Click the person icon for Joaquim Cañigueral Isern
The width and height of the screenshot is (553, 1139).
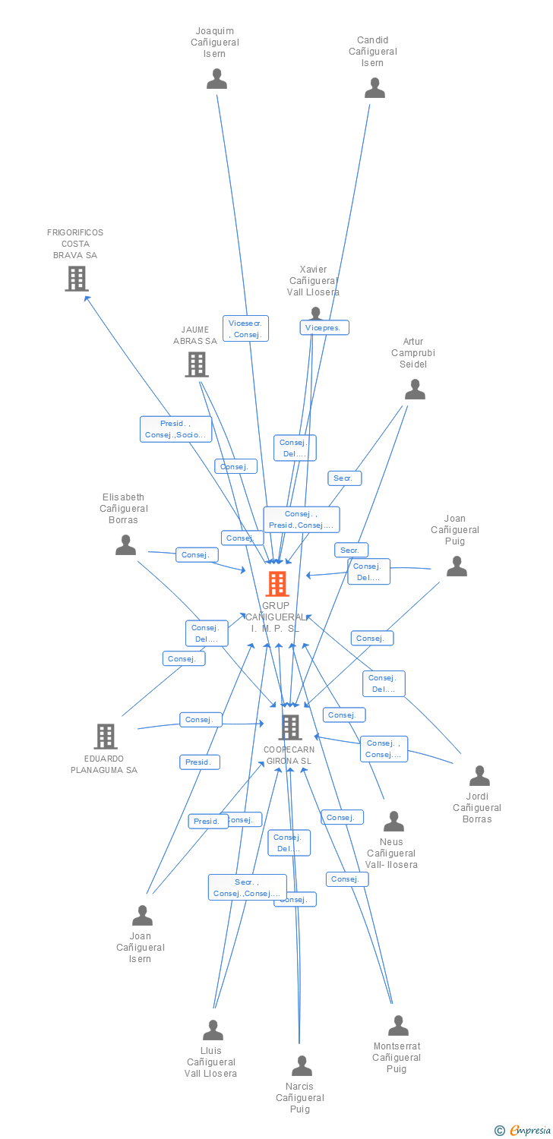217,79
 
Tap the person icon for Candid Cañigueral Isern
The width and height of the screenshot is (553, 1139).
374,88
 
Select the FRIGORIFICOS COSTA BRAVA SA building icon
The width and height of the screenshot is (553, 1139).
76,279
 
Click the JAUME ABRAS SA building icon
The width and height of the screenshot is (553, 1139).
197,364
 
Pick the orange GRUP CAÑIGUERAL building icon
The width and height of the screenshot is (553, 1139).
277,584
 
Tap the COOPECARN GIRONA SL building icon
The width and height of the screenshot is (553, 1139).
289,727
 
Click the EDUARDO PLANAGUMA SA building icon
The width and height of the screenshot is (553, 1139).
105,736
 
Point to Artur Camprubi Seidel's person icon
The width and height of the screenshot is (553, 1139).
415,390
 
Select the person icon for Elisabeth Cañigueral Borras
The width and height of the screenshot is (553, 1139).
125,545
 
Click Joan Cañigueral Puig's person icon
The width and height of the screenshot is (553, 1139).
457,566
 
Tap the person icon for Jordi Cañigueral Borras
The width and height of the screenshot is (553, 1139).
479,776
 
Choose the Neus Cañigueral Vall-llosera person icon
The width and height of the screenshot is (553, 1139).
393,822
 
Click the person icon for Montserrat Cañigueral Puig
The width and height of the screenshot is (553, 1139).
398,1026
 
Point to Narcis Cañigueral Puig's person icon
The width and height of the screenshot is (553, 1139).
302,1066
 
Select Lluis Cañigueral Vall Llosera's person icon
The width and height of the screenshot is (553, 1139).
213,1030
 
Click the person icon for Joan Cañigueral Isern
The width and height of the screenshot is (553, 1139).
142,916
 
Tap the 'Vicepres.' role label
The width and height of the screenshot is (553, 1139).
324,328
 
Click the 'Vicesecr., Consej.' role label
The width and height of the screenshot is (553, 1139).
245,329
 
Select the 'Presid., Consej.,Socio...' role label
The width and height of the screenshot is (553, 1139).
175,429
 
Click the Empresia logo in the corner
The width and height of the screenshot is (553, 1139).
523,1131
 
